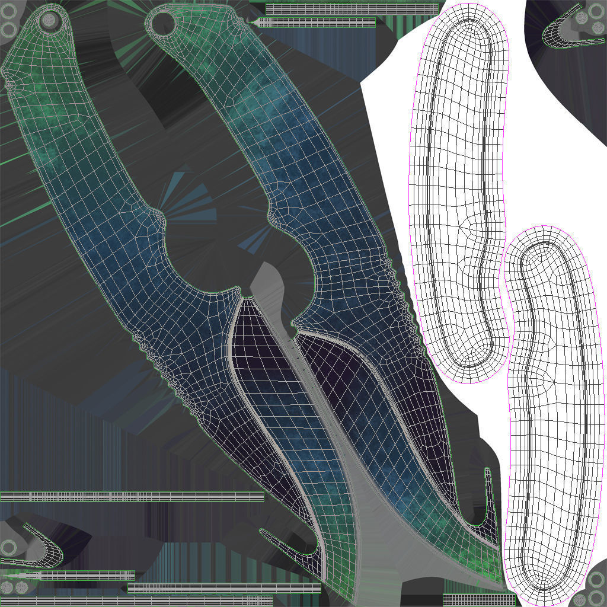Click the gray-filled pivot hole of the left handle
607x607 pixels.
[x=49, y=20]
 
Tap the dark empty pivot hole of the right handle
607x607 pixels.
[x=163, y=23]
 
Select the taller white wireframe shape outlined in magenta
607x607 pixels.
[x=458, y=190]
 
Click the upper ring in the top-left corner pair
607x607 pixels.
[x=8, y=12]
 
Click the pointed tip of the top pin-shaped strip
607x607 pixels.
[x=256, y=23]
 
